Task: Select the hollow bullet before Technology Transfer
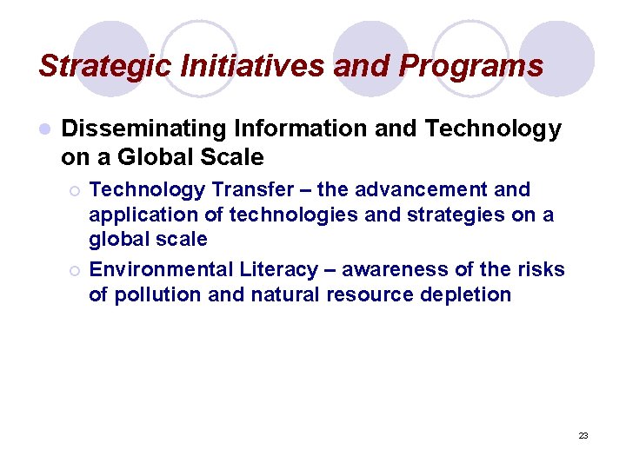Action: pos(75,190)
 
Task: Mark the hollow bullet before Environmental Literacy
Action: pos(75,271)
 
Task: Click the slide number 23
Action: pos(583,435)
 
